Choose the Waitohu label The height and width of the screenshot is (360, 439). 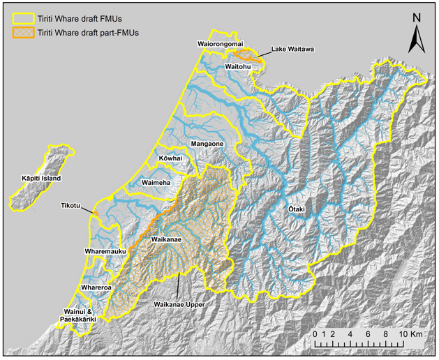coord(239,66)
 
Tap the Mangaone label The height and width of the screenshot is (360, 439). coord(207,144)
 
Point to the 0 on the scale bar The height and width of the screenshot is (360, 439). coord(315,334)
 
